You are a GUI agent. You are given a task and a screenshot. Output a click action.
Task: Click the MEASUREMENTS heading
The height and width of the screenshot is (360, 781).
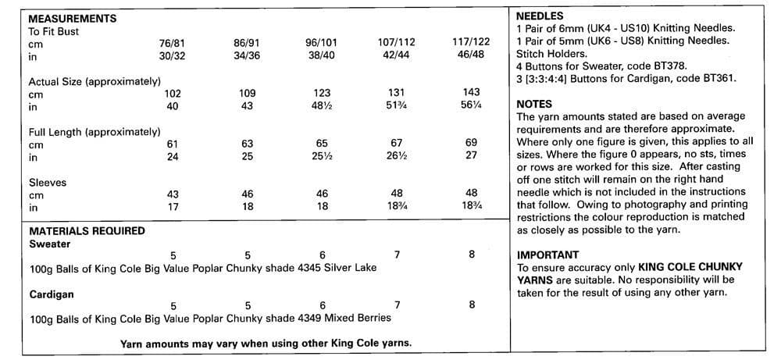tap(73, 18)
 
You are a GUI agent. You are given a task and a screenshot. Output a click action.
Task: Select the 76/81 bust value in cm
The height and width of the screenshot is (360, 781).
tap(172, 44)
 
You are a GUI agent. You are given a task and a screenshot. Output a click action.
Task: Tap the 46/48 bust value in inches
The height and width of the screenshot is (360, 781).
tap(471, 56)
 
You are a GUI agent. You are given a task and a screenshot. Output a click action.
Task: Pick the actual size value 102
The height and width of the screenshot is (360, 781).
tap(173, 94)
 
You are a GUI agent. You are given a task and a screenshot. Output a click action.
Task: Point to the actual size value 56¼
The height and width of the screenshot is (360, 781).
tap(471, 106)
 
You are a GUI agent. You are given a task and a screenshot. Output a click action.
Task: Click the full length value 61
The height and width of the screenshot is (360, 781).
tap(173, 144)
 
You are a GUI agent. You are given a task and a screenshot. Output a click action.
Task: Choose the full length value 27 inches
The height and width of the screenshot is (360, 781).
tap(471, 157)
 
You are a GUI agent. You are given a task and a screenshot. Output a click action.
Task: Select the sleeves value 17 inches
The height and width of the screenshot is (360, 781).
tap(173, 208)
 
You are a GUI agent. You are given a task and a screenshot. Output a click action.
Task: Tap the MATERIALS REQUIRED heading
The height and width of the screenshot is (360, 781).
tap(87, 231)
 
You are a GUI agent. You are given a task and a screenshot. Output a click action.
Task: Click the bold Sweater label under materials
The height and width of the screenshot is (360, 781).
tap(50, 244)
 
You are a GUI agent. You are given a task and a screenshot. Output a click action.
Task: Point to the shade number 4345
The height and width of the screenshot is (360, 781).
tap(295, 268)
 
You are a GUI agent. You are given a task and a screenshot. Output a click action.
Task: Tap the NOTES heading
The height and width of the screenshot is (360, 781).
tap(535, 104)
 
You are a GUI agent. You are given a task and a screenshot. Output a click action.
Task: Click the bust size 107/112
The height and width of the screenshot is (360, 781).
tap(397, 44)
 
